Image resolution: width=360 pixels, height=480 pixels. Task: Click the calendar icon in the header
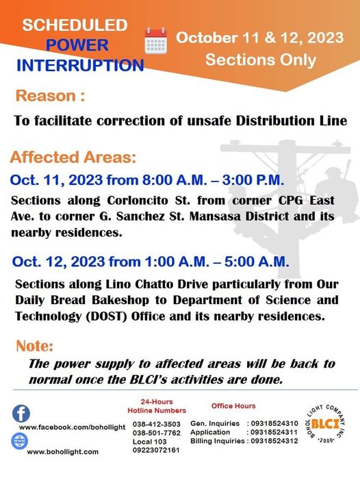[155, 40]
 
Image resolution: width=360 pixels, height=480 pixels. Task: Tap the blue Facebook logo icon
[21, 414]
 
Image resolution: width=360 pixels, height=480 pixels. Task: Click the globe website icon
[20, 442]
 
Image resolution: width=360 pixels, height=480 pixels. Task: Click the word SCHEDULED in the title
[75, 25]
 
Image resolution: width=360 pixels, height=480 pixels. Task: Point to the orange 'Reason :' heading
[50, 96]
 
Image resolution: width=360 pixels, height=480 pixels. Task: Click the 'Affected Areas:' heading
[73, 157]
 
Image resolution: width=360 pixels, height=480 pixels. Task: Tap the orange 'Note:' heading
[34, 346]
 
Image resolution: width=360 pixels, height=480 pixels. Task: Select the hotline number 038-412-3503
[157, 425]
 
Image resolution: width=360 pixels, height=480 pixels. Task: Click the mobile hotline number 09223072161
[156, 451]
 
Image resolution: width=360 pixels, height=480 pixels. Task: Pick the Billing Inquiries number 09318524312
[274, 441]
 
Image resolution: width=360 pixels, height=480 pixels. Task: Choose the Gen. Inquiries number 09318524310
[274, 423]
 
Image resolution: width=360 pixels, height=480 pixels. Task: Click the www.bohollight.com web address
[63, 452]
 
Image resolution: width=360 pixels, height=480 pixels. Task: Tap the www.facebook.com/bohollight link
[72, 427]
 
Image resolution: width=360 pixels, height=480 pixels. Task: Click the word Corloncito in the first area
[138, 201]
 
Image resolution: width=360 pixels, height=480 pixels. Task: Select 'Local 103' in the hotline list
[150, 442]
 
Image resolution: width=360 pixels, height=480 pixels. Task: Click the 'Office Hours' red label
[233, 406]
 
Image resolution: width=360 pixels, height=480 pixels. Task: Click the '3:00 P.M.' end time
[253, 180]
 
